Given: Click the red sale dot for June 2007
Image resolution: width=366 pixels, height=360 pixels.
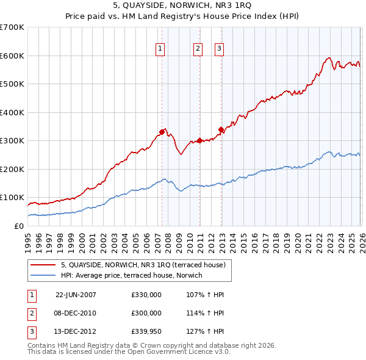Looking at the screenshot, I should pos(162,132).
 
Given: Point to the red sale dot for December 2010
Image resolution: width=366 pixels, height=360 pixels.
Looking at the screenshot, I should pos(199,140).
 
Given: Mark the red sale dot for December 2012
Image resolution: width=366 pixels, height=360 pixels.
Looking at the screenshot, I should pos(221,129).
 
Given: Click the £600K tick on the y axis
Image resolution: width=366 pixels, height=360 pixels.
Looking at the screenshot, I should pos(12,56).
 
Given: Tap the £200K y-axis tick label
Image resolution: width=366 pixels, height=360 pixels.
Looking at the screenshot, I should pos(12,169).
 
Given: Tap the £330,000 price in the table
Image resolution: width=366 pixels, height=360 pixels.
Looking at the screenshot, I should pos(146,295).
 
